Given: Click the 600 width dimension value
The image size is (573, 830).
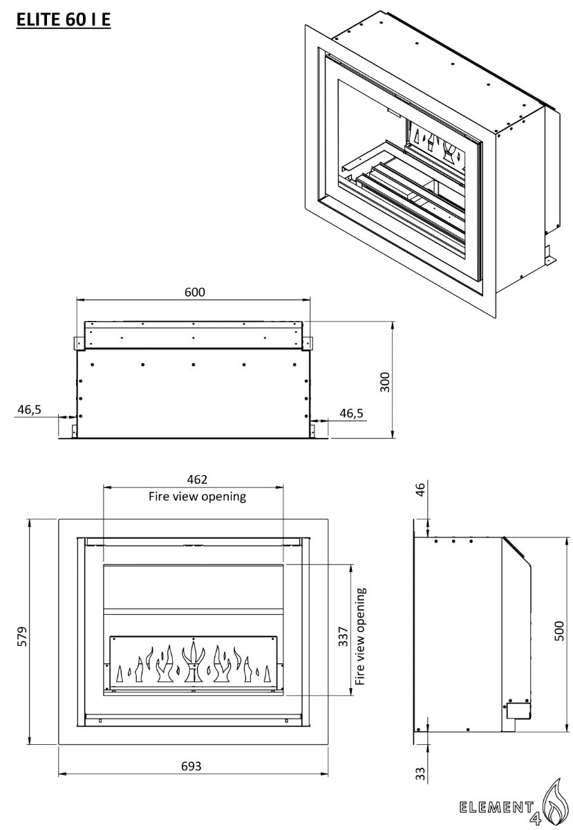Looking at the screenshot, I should point(194,293).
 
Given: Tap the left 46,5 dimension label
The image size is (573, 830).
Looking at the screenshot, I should point(29,409).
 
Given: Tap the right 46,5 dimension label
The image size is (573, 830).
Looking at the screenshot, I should point(351,413).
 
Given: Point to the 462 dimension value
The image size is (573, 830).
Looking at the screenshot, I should point(197,479).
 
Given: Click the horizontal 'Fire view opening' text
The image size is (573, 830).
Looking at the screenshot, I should point(197,497).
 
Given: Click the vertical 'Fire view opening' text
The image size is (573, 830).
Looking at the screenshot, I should point(360,636).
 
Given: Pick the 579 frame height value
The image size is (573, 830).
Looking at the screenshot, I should point(21,636).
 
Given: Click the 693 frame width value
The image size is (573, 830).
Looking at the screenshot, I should point(191,766).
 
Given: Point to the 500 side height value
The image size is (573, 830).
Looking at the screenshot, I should point(559,631).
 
